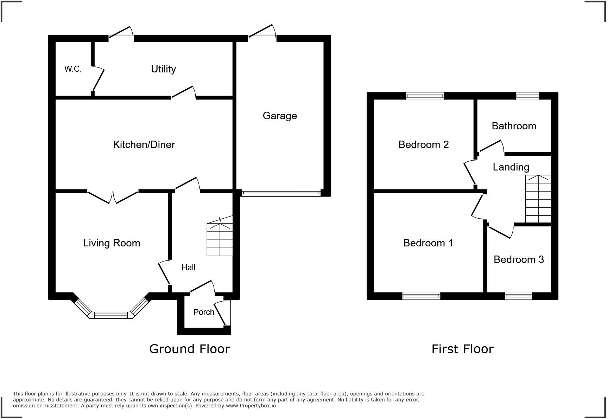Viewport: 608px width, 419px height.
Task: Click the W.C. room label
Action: [73, 69]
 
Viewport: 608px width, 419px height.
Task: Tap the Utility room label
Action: [163, 69]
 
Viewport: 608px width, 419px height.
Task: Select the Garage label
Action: [280, 116]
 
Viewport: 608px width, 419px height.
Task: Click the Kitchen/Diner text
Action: [144, 144]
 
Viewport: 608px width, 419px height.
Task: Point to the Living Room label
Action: [112, 243]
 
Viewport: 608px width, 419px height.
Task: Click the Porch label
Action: [204, 312]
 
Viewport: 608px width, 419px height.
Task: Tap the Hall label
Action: [188, 267]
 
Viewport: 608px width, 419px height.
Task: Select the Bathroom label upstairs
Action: [514, 126]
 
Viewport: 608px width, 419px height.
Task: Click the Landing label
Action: [511, 167]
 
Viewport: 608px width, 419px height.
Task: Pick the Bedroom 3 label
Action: [519, 259]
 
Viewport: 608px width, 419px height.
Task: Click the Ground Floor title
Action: [189, 349]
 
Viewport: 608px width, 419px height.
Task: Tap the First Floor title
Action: [462, 349]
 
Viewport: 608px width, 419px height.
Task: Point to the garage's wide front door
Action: [281, 193]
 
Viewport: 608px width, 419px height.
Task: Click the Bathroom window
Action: [527, 96]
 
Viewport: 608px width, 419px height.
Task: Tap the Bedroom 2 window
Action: [425, 96]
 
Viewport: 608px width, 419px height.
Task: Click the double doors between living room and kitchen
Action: [113, 197]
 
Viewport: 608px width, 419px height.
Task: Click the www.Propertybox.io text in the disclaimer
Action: [251, 406]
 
